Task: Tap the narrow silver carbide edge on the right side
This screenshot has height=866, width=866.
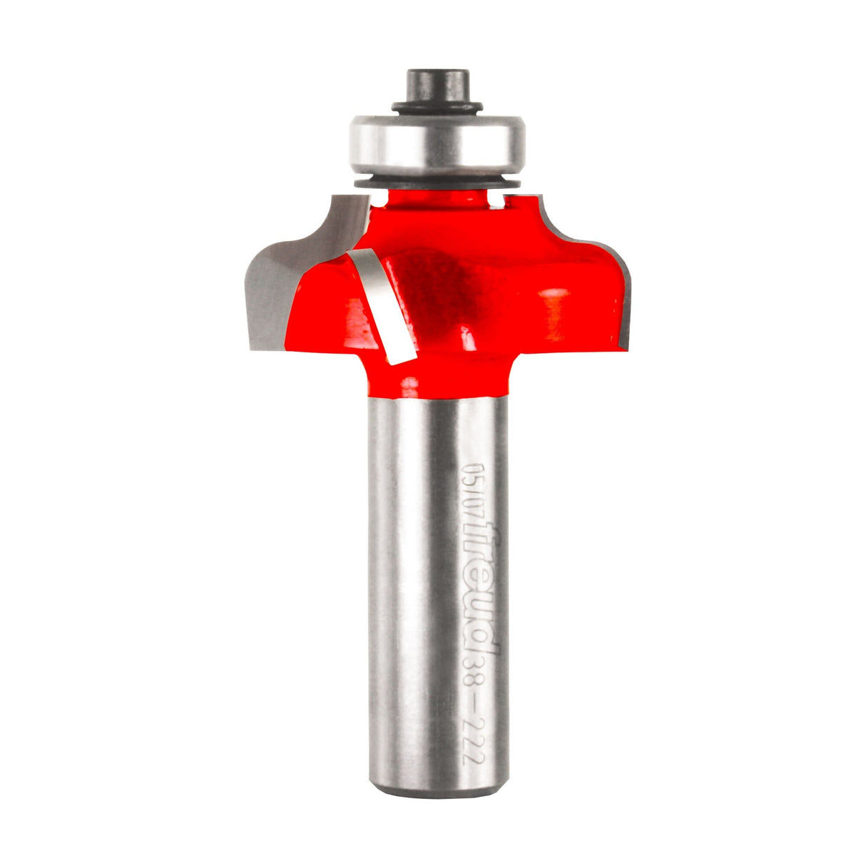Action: pyautogui.click(x=623, y=300)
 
